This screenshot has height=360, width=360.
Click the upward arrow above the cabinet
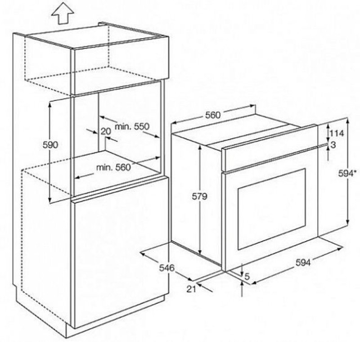pos(63,13)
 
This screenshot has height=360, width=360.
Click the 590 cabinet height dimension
pos(50,145)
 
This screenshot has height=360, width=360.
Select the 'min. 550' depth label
pos(132,126)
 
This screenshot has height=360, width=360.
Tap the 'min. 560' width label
pos(113,167)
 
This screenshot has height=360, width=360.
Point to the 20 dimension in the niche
pos(106,131)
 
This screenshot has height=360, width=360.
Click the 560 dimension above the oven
pos(213,115)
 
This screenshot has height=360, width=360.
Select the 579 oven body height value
pos(199,196)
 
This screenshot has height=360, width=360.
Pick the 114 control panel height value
pos(337,133)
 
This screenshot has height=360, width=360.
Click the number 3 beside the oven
pos(333,145)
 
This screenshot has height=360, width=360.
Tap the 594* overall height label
pos(347,173)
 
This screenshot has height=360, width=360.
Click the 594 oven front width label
pos(303,262)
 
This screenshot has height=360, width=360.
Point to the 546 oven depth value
pos(167,268)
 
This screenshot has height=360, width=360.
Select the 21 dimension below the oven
pos(191,289)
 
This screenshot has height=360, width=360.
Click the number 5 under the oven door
pos(247,277)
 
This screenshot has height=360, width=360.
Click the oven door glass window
pos(272,209)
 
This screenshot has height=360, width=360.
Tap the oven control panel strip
pos(270,148)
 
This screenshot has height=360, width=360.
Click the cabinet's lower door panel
pos(119,252)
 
